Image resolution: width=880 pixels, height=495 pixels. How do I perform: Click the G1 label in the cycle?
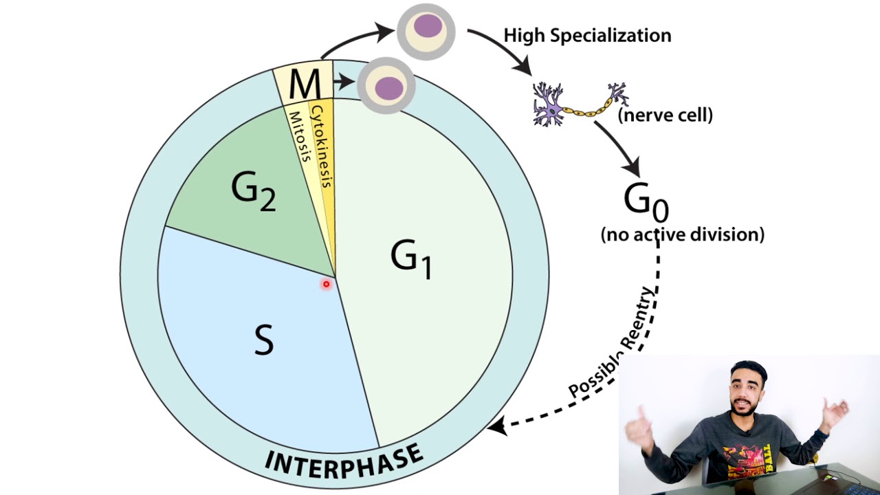(412, 260)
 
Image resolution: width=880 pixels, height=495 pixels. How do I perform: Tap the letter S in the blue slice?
(263, 339)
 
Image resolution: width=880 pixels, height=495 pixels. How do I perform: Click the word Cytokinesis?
(322, 145)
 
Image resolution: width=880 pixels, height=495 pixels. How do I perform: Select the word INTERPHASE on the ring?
(344, 460)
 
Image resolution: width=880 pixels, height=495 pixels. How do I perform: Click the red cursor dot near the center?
(327, 284)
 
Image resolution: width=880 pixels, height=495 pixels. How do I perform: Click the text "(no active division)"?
(682, 234)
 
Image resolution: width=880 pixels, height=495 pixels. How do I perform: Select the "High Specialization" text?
(587, 36)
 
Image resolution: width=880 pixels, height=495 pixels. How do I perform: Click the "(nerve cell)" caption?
(665, 115)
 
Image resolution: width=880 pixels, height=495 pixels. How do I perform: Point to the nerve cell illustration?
(580, 104)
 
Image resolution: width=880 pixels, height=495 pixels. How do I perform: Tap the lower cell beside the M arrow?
(387, 86)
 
